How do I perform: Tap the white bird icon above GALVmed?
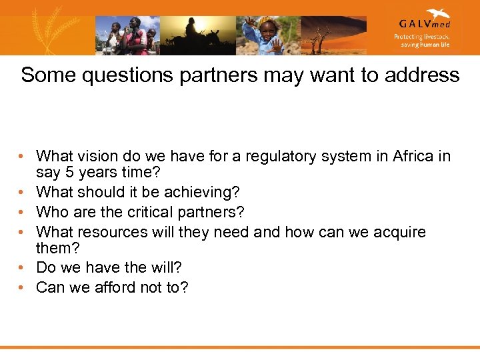437,13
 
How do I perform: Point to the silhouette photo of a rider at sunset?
197,35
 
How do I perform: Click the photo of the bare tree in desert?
333,35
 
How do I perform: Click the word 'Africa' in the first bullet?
415,157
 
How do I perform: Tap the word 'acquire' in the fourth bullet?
399,232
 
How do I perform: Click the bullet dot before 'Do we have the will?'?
22,268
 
